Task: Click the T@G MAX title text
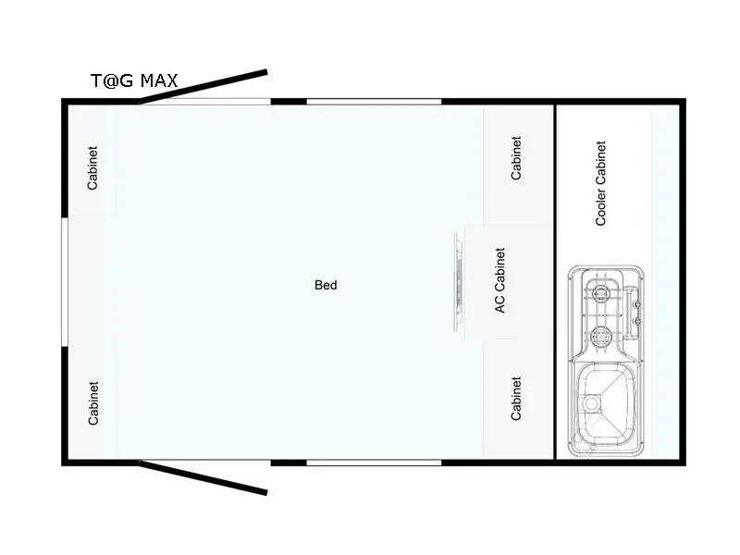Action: point(134,80)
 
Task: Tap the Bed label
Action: point(326,285)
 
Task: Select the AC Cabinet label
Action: point(499,280)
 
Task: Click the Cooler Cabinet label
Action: point(600,183)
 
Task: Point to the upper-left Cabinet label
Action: point(92,168)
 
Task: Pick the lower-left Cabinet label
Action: point(93,403)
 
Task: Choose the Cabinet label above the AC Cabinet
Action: point(516,158)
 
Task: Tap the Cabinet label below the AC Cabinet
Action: point(516,399)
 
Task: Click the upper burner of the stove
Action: point(600,294)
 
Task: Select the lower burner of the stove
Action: point(600,336)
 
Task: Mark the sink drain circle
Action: point(591,403)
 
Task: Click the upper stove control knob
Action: point(636,305)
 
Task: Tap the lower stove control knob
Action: point(636,321)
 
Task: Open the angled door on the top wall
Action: point(203,87)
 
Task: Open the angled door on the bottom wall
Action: point(203,477)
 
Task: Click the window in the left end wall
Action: point(65,282)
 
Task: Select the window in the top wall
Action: point(374,102)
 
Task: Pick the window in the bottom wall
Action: point(374,462)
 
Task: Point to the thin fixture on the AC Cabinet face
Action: point(458,282)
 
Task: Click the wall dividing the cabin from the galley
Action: point(555,282)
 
